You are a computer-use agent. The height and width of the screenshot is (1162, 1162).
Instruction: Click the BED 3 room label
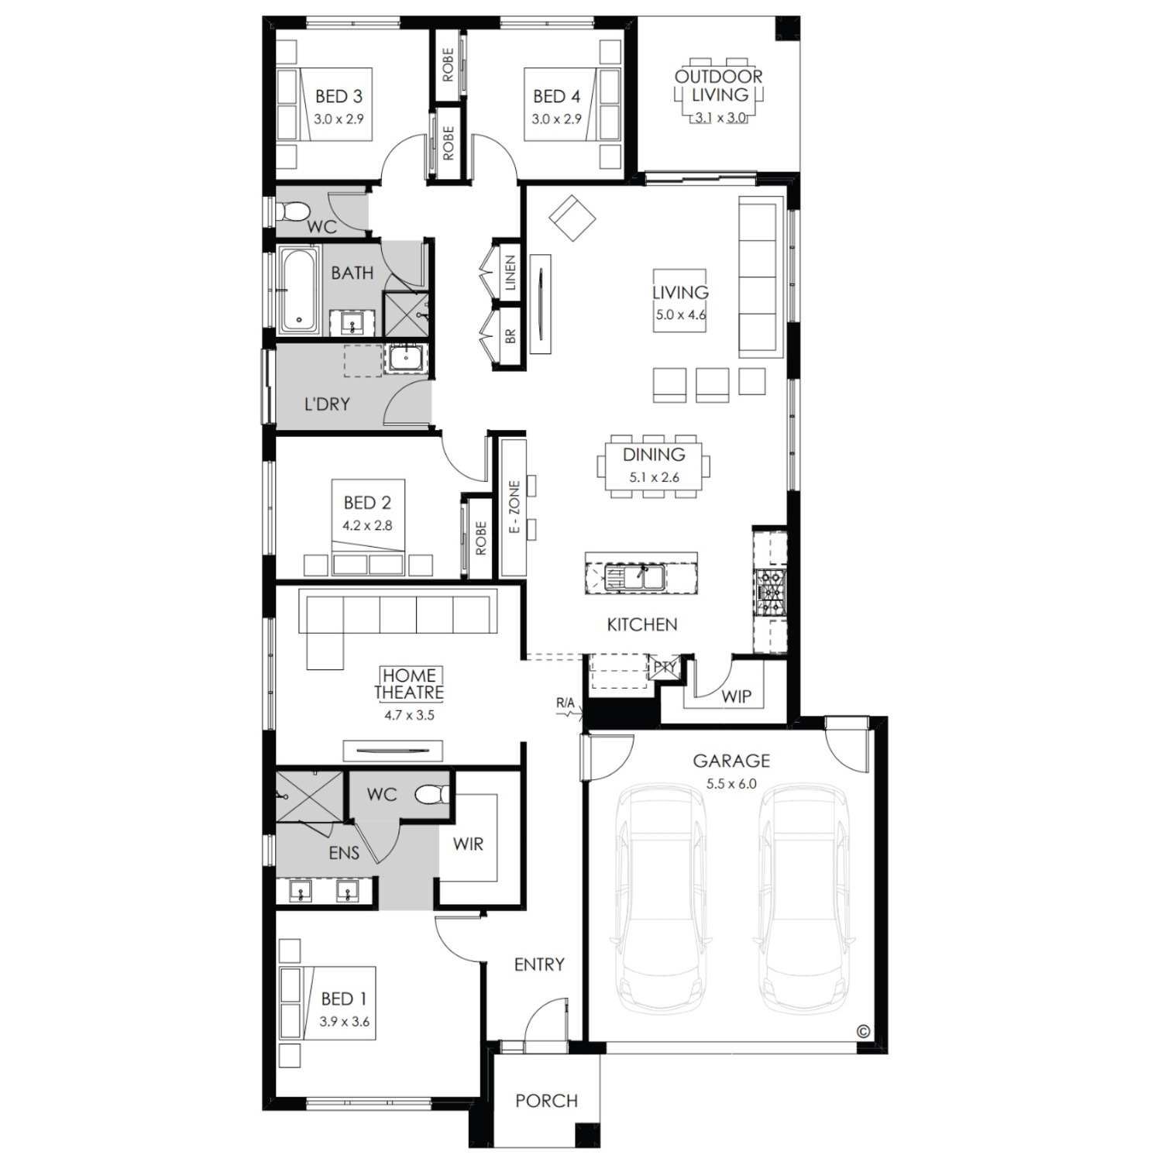[339, 97]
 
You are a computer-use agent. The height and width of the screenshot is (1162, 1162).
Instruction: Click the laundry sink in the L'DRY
[405, 358]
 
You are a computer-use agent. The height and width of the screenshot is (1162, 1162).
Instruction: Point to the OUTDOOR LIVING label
[719, 85]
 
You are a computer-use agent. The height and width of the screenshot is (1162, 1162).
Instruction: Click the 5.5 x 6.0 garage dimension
[731, 783]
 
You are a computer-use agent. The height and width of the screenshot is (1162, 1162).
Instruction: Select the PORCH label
[547, 1101]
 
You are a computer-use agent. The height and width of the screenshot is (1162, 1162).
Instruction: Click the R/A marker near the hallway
[566, 703]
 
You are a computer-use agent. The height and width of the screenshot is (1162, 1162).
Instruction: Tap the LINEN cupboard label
[510, 273]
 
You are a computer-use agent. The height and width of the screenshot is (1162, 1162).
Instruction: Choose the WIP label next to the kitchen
[736, 696]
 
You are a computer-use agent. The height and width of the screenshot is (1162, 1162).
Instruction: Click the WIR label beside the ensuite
[468, 844]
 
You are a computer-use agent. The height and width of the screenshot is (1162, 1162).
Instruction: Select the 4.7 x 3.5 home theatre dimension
[409, 715]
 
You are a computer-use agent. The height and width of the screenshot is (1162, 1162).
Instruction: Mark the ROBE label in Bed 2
[480, 537]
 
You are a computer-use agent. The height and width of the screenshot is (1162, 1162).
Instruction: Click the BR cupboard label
[510, 336]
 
